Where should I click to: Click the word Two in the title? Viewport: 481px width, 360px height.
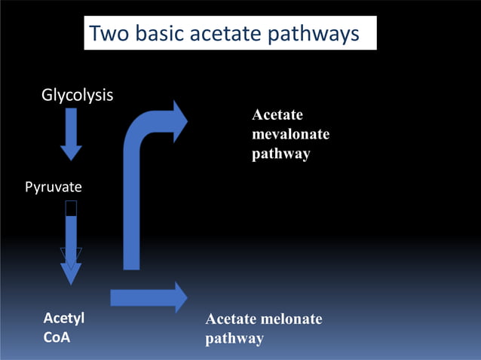pyautogui.click(x=109, y=35)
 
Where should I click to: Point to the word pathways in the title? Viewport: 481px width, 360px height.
pyautogui.click(x=320, y=35)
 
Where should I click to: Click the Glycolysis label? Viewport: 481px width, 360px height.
pyautogui.click(x=77, y=96)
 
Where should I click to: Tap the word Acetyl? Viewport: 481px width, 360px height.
pyautogui.click(x=63, y=318)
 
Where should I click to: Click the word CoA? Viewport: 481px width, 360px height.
pyautogui.click(x=57, y=337)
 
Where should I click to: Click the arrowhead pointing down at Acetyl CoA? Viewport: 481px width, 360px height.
pyautogui.click(x=71, y=271)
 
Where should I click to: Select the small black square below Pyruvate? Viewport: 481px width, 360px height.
pyautogui.click(x=71, y=208)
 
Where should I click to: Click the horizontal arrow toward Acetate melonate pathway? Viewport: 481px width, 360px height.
pyautogui.click(x=148, y=297)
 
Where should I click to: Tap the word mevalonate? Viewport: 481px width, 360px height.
pyautogui.click(x=290, y=134)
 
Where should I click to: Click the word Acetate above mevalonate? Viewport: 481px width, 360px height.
pyautogui.click(x=277, y=115)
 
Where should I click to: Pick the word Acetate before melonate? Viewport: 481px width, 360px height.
pyautogui.click(x=230, y=319)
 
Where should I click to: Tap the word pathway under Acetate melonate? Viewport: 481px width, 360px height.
pyautogui.click(x=234, y=338)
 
